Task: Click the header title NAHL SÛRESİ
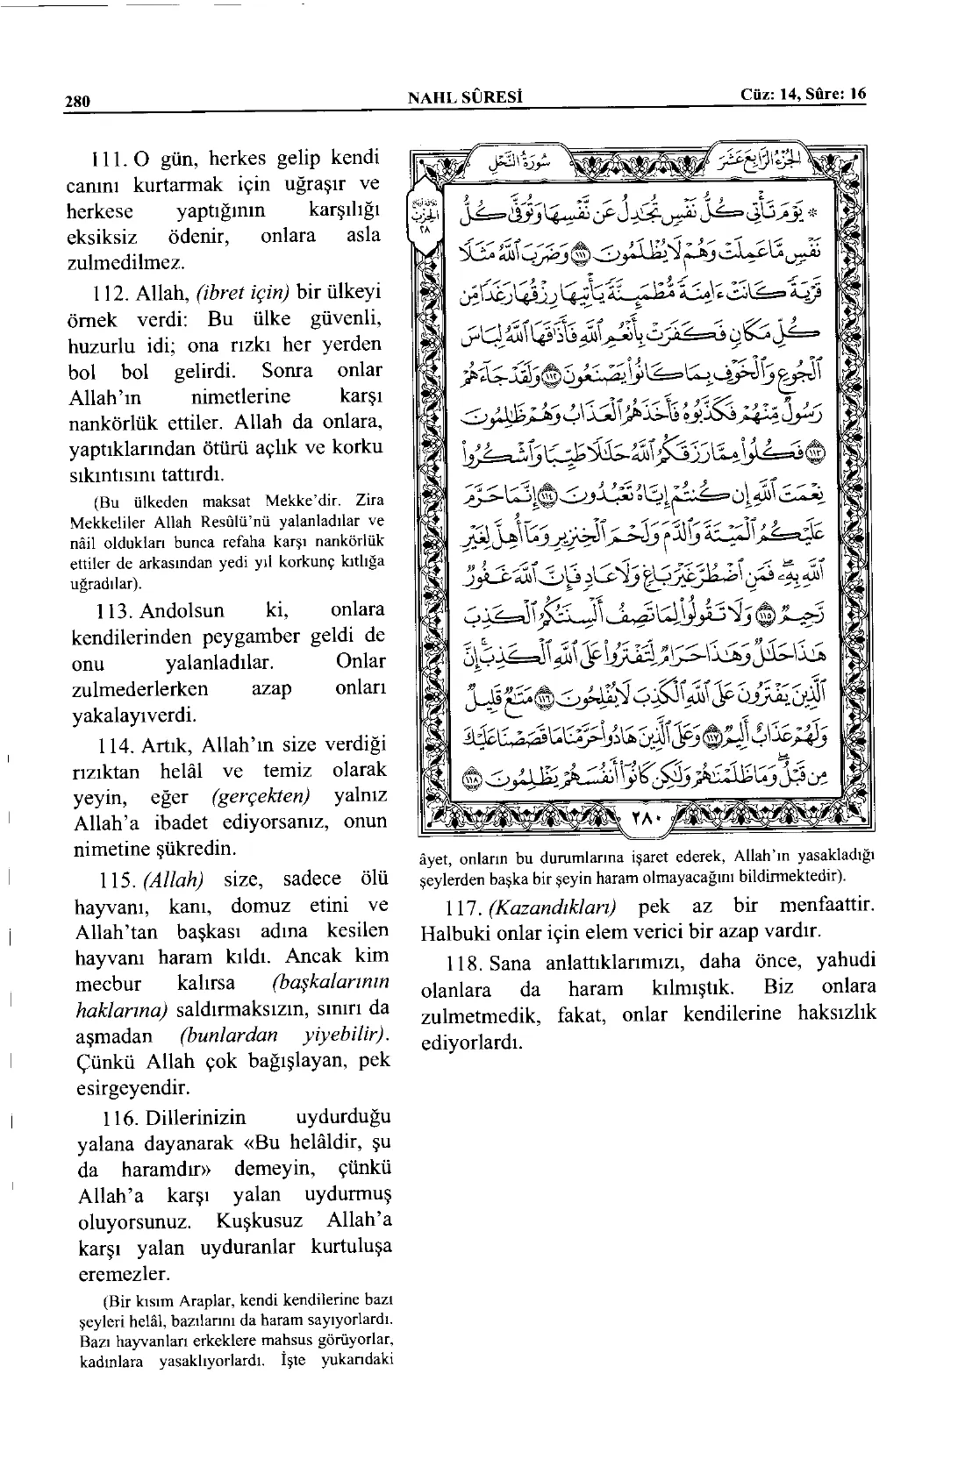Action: pyautogui.click(x=466, y=97)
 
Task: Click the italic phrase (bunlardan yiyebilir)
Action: pyautogui.click(x=282, y=1036)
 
